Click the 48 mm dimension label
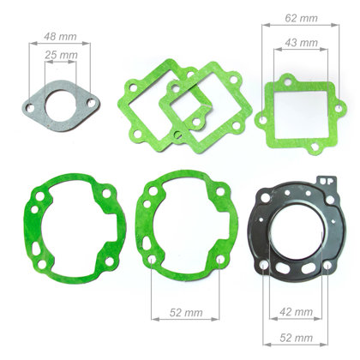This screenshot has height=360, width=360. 60,37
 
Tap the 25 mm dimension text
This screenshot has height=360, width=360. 61,55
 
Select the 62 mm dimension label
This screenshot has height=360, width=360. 301,18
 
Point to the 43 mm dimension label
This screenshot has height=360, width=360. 301,43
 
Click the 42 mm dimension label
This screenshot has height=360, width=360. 297,312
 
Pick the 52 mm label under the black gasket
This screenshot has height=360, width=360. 297,338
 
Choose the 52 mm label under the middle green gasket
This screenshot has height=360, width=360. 186,313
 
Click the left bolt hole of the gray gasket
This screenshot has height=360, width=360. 30,108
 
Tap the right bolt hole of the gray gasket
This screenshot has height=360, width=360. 92,102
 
